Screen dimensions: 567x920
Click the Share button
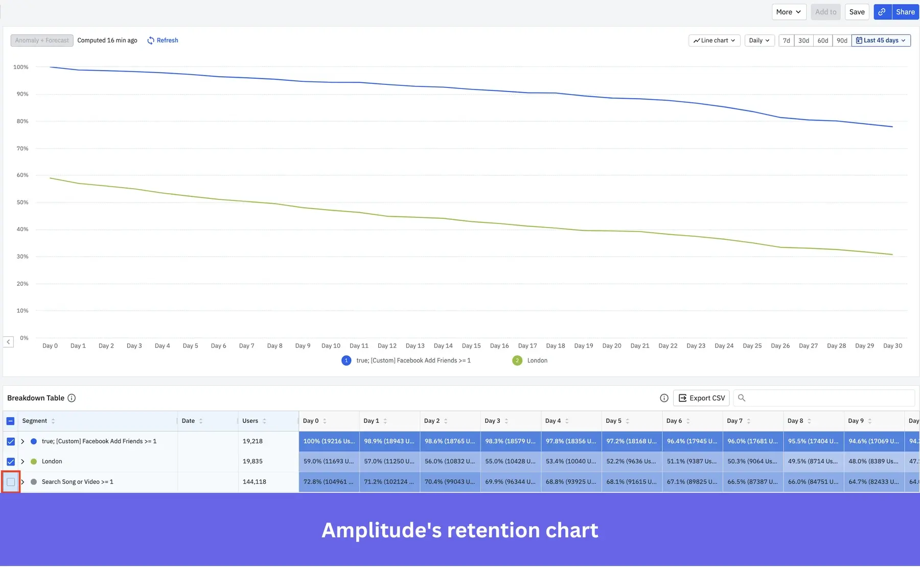coord(905,12)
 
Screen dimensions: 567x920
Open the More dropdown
coord(788,12)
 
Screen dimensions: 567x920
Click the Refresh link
coord(163,40)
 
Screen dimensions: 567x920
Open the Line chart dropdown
coord(714,40)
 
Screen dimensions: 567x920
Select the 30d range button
coord(803,40)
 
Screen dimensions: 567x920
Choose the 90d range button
coord(842,40)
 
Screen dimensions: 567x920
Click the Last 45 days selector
coord(881,40)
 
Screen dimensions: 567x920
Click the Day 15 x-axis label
coord(471,346)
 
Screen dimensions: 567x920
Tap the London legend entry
coord(537,360)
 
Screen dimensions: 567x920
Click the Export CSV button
coord(701,398)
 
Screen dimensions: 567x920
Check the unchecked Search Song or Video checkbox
coord(11,482)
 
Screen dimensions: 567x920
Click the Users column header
coord(250,421)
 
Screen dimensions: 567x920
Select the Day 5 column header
coord(613,421)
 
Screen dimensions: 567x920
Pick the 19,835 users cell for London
coord(252,461)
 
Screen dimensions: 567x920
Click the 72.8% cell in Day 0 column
coord(329,482)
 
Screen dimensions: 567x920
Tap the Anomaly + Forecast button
coord(42,40)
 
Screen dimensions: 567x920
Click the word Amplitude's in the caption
coord(381,530)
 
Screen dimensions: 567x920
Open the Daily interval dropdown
coord(759,40)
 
